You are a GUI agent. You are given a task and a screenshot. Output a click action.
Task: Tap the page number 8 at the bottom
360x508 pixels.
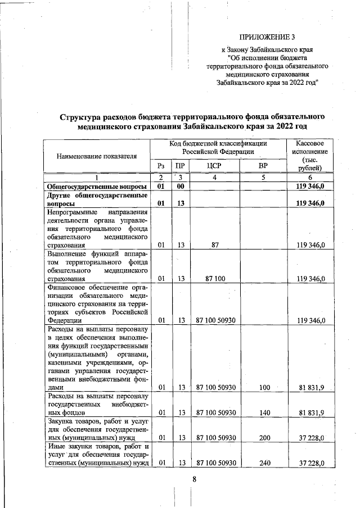193,479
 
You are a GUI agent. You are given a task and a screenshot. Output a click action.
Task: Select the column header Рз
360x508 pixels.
161,166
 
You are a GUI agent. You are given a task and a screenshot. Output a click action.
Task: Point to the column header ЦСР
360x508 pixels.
216,166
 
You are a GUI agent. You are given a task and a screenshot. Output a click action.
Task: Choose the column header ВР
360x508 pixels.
263,166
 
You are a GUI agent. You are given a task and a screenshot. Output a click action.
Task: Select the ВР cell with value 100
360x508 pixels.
263,387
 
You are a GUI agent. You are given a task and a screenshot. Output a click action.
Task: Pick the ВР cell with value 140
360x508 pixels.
263,413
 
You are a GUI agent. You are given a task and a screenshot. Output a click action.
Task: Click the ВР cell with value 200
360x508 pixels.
263,438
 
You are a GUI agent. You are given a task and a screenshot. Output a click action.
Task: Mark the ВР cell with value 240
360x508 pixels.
263,464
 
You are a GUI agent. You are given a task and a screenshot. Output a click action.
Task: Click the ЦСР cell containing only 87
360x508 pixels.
215,245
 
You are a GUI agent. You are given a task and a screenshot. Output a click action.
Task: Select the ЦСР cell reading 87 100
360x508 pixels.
215,278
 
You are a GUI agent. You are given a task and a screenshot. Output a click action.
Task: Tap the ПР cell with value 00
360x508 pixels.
181,186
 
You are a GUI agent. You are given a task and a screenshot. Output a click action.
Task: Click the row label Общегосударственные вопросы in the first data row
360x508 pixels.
97,186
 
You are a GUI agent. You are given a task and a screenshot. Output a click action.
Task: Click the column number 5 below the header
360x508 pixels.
263,177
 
